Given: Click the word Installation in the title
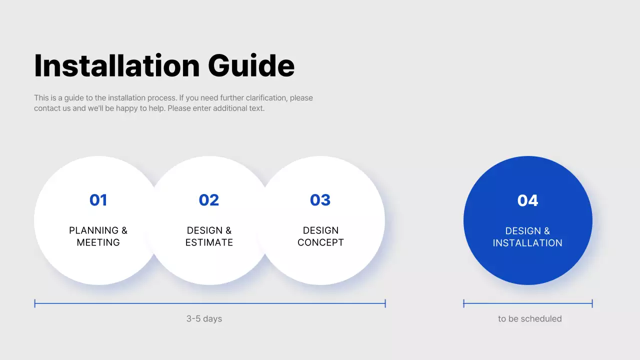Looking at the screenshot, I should pos(116,65).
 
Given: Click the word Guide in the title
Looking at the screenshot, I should pos(251,65).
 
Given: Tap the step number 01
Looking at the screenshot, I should pos(98,200).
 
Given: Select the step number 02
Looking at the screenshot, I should pos(209,200).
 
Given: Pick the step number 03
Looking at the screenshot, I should pos(320,200).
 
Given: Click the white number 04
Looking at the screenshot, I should pos(527,200).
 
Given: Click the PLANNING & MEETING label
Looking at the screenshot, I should pos(98,236).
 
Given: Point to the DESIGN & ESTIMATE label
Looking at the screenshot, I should pos(209,236).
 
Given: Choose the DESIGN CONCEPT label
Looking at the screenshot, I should pos(320,236).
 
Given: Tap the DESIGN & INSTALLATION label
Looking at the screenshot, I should pos(527,237).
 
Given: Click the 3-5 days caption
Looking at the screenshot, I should pos(204,318).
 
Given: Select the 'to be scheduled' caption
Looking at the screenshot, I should pos(529,318).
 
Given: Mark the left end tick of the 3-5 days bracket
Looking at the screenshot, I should pos(35,303).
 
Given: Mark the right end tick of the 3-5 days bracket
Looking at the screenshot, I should pos(385,303).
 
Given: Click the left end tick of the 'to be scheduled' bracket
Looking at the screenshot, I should pos(464,303).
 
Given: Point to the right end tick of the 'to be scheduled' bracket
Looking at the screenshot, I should pos(592,303).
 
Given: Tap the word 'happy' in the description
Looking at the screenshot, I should pos(126,108).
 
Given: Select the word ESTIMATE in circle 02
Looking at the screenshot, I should pos(209,242).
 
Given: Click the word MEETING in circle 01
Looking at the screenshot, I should pos(98,242).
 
